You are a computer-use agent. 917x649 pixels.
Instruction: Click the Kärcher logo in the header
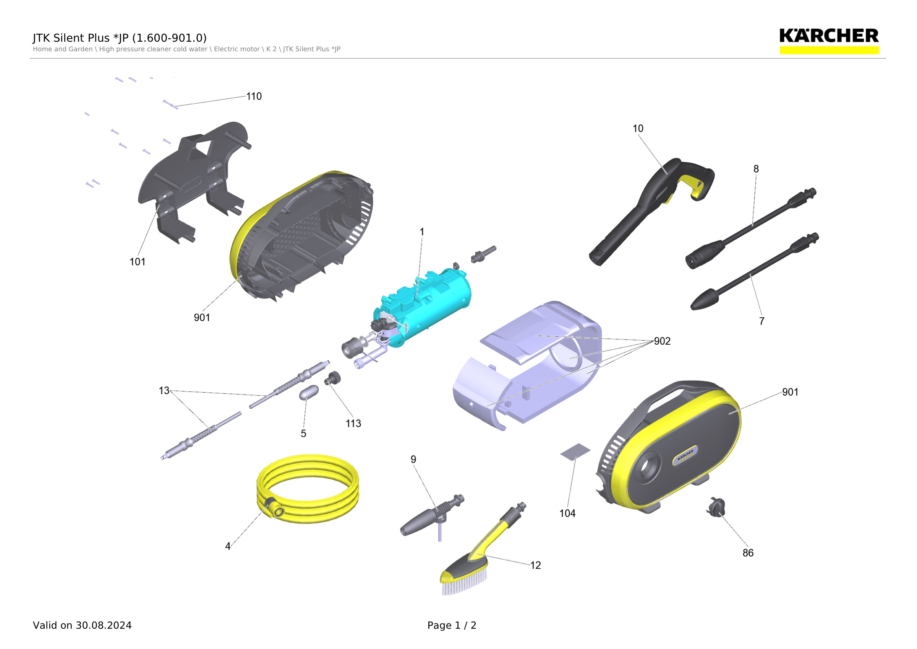click(x=829, y=41)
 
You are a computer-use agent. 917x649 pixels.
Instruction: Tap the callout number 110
click(x=254, y=96)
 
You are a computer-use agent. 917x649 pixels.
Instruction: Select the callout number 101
click(x=138, y=262)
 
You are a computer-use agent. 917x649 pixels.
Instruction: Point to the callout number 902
click(x=662, y=341)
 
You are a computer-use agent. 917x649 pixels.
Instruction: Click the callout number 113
click(x=353, y=424)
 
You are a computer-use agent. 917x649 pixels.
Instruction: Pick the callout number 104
click(x=567, y=514)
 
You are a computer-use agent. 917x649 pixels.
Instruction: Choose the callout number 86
click(x=748, y=553)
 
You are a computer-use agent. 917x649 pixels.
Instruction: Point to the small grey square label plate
click(x=575, y=452)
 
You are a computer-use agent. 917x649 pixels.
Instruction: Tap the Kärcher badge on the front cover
click(x=685, y=455)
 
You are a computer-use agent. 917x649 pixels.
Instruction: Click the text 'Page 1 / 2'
click(x=452, y=625)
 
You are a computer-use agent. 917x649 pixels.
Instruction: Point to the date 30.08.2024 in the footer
click(x=104, y=625)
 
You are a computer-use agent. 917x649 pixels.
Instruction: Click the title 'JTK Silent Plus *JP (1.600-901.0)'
click(x=120, y=38)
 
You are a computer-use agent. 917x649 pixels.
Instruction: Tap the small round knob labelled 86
click(x=716, y=507)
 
